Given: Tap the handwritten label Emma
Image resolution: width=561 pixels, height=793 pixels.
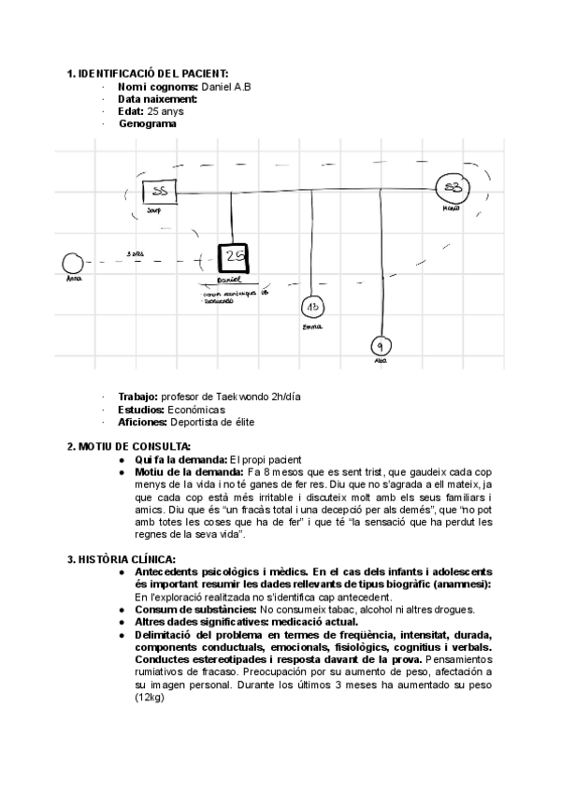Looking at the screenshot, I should pyautogui.click(x=311, y=327).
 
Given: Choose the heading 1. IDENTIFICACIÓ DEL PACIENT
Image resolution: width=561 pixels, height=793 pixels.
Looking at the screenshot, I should pyautogui.click(x=148, y=74).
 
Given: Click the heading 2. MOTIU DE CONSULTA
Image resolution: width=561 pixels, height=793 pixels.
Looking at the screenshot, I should pyautogui.click(x=129, y=446).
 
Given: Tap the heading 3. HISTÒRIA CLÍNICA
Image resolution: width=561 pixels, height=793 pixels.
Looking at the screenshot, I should pyautogui.click(x=121, y=558).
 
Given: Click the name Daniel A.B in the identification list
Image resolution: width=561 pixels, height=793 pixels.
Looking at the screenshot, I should pyautogui.click(x=225, y=87).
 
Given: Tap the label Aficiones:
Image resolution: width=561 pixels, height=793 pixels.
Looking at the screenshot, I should pyautogui.click(x=144, y=422).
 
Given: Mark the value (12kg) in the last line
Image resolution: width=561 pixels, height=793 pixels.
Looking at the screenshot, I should pyautogui.click(x=150, y=697).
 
